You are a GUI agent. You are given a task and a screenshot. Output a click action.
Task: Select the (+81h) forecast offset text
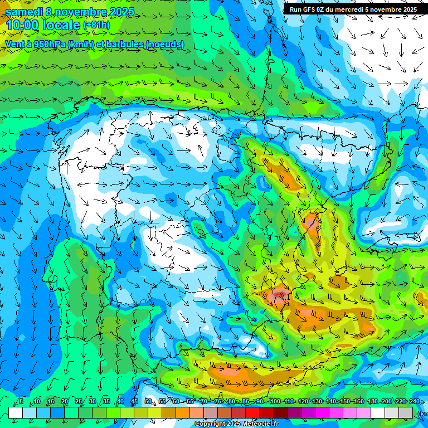(x=96, y=26)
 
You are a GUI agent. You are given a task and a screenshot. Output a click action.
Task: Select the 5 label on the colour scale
(x=21, y=402)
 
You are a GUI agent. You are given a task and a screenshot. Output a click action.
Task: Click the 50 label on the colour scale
(x=148, y=402)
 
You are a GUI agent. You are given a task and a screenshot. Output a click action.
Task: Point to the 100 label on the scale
(x=275, y=402)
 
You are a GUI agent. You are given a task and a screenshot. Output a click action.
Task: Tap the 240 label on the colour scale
(x=414, y=402)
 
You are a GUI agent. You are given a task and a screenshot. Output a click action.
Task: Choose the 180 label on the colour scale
(x=373, y=402)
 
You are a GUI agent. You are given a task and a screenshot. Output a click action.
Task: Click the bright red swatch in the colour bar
(x=253, y=412)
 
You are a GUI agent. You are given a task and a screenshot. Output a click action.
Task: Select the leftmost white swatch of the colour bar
(x=16, y=412)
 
